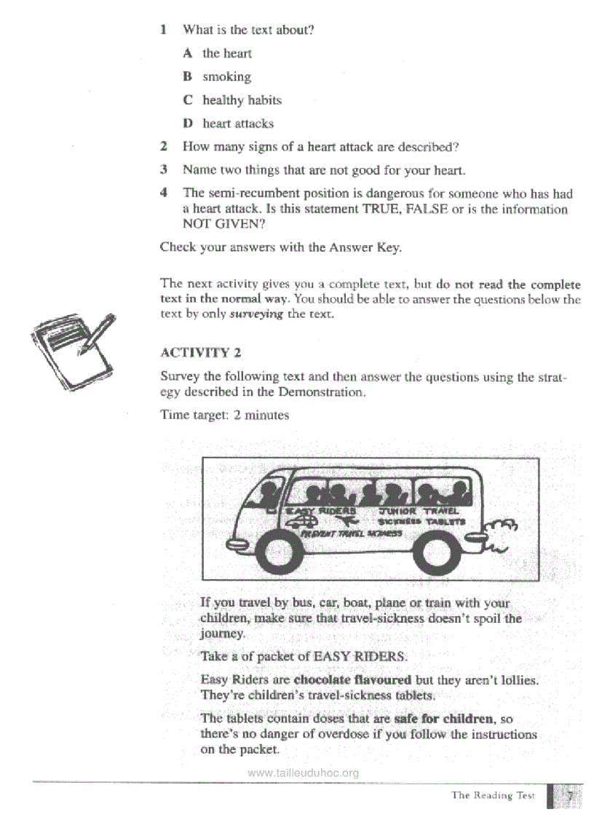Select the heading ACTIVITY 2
point(200,353)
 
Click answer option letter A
point(188,53)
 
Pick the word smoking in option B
point(226,76)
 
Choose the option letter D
point(188,124)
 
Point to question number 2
point(165,147)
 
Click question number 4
point(165,194)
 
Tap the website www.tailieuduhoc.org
point(303,773)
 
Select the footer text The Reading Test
point(493,795)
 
